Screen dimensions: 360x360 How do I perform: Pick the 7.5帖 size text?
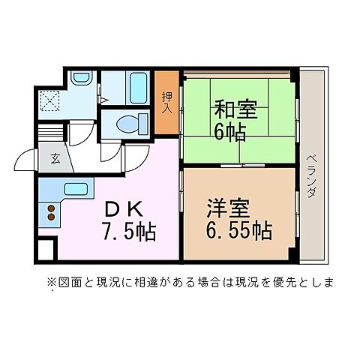(x=129, y=231)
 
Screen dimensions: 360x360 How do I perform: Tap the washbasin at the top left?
(x=82, y=78)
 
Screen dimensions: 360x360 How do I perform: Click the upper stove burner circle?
(x=52, y=208)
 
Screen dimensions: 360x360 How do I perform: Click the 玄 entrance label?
(x=55, y=157)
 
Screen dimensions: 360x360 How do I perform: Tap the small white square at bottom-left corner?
(x=43, y=250)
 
